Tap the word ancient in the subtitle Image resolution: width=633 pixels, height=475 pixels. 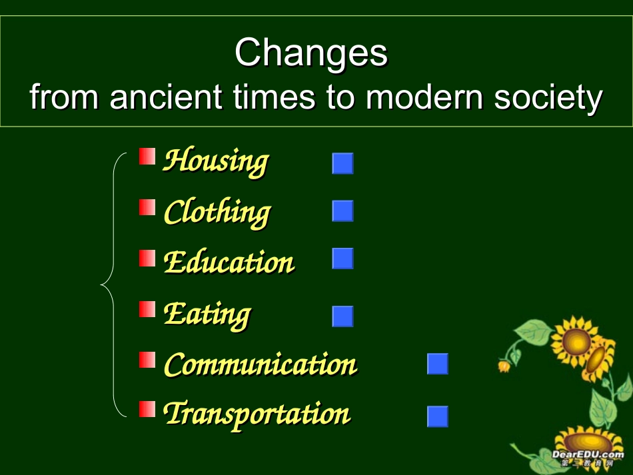(165, 97)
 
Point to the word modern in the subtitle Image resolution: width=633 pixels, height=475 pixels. (424, 97)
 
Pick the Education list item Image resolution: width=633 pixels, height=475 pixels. (229, 262)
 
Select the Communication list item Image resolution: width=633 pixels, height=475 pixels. (261, 364)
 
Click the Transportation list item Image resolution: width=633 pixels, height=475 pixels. (257, 414)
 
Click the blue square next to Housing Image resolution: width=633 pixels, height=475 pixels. (342, 163)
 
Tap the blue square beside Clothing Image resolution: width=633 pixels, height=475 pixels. (342, 211)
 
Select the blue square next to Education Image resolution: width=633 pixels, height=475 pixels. (342, 258)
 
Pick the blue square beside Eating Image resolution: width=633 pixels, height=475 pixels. (342, 316)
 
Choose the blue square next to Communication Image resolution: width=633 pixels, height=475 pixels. (438, 364)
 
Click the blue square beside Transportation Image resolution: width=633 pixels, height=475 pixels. (438, 416)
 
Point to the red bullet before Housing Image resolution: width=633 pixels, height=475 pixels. (147, 156)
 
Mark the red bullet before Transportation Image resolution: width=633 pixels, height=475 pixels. (147, 409)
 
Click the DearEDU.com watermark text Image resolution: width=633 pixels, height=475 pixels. (588, 454)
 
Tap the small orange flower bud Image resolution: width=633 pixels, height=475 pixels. (504, 366)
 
